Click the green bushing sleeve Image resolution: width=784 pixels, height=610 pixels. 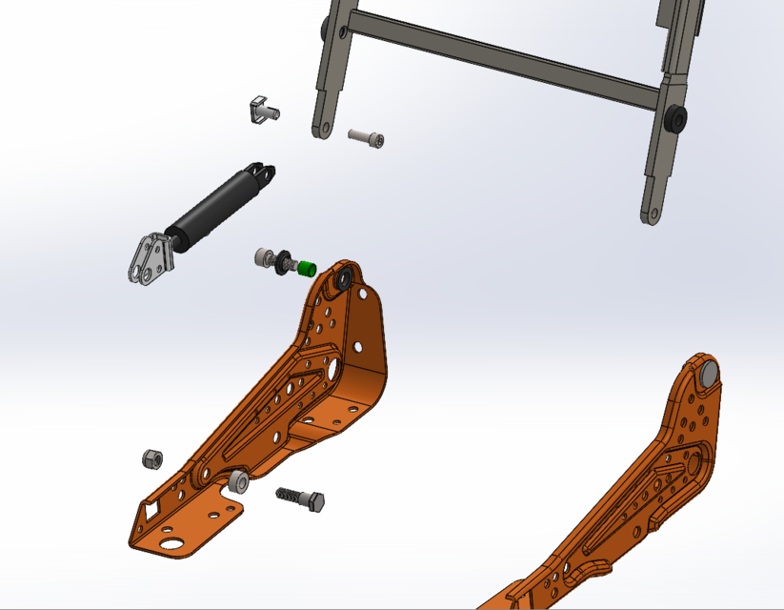coord(306,268)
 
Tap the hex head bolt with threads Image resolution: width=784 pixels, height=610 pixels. coord(303,498)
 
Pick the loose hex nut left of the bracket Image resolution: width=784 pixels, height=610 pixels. coord(151,458)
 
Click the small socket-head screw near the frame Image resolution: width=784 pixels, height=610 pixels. coord(367,138)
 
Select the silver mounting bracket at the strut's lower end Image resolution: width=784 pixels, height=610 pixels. coord(151,259)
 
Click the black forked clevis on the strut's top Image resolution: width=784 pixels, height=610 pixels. coord(260,175)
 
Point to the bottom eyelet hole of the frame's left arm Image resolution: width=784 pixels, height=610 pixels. coord(320,129)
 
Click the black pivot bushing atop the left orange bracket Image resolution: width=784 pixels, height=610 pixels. coord(341,280)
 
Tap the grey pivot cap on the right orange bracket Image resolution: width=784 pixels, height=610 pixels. coord(709,374)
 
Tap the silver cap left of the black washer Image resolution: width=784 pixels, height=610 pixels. coord(263,257)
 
